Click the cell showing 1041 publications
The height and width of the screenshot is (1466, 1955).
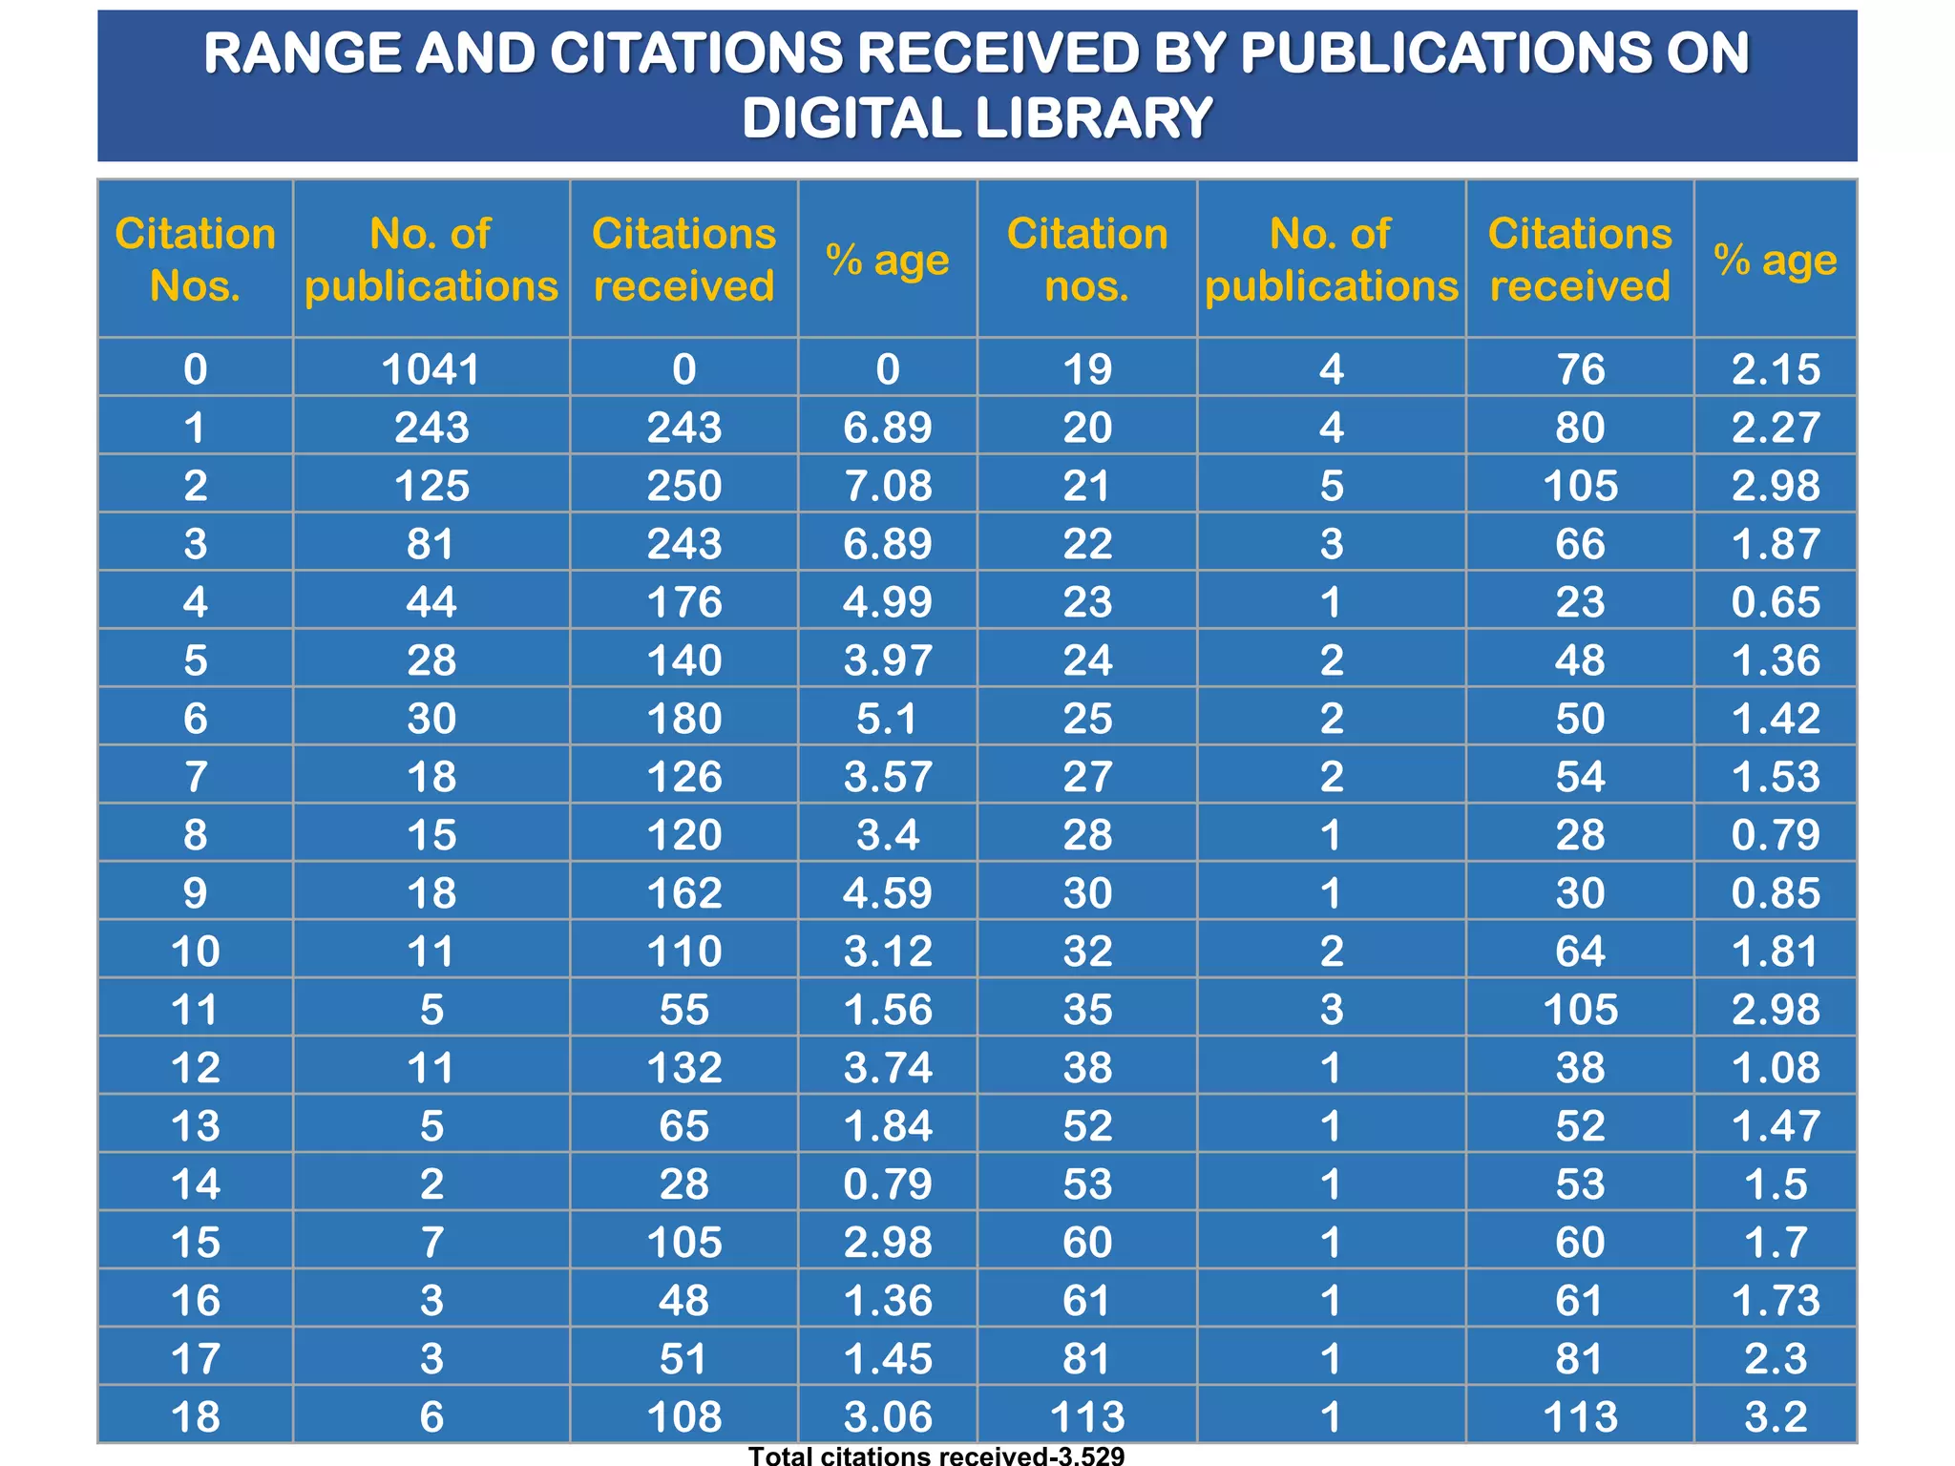click(x=431, y=369)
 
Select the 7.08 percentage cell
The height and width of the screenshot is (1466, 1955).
click(x=887, y=486)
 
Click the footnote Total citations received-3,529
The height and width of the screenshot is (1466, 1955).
click(x=936, y=1456)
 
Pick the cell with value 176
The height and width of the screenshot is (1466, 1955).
click(x=683, y=602)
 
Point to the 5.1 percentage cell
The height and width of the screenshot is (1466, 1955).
click(x=887, y=719)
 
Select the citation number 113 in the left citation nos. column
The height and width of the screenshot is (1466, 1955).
click(x=1086, y=1416)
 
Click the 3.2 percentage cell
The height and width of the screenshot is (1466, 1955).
click(x=1775, y=1416)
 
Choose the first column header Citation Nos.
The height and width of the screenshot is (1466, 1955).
click(x=195, y=260)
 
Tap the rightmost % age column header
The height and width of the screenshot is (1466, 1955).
click(x=1775, y=260)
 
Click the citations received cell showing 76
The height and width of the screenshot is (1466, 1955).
click(x=1580, y=369)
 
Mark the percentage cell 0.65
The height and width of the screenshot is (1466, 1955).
click(x=1775, y=602)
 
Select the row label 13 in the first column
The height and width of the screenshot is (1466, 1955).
click(x=195, y=1126)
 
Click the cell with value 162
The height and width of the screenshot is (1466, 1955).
click(x=683, y=893)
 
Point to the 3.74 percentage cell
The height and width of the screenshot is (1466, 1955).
click(x=887, y=1067)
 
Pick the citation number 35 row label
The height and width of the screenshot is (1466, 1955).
click(x=1086, y=1010)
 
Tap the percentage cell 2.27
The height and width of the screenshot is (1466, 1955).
click(x=1775, y=428)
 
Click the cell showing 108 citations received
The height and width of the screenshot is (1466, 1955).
click(x=683, y=1416)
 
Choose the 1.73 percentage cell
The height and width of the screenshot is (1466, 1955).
click(x=1775, y=1301)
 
